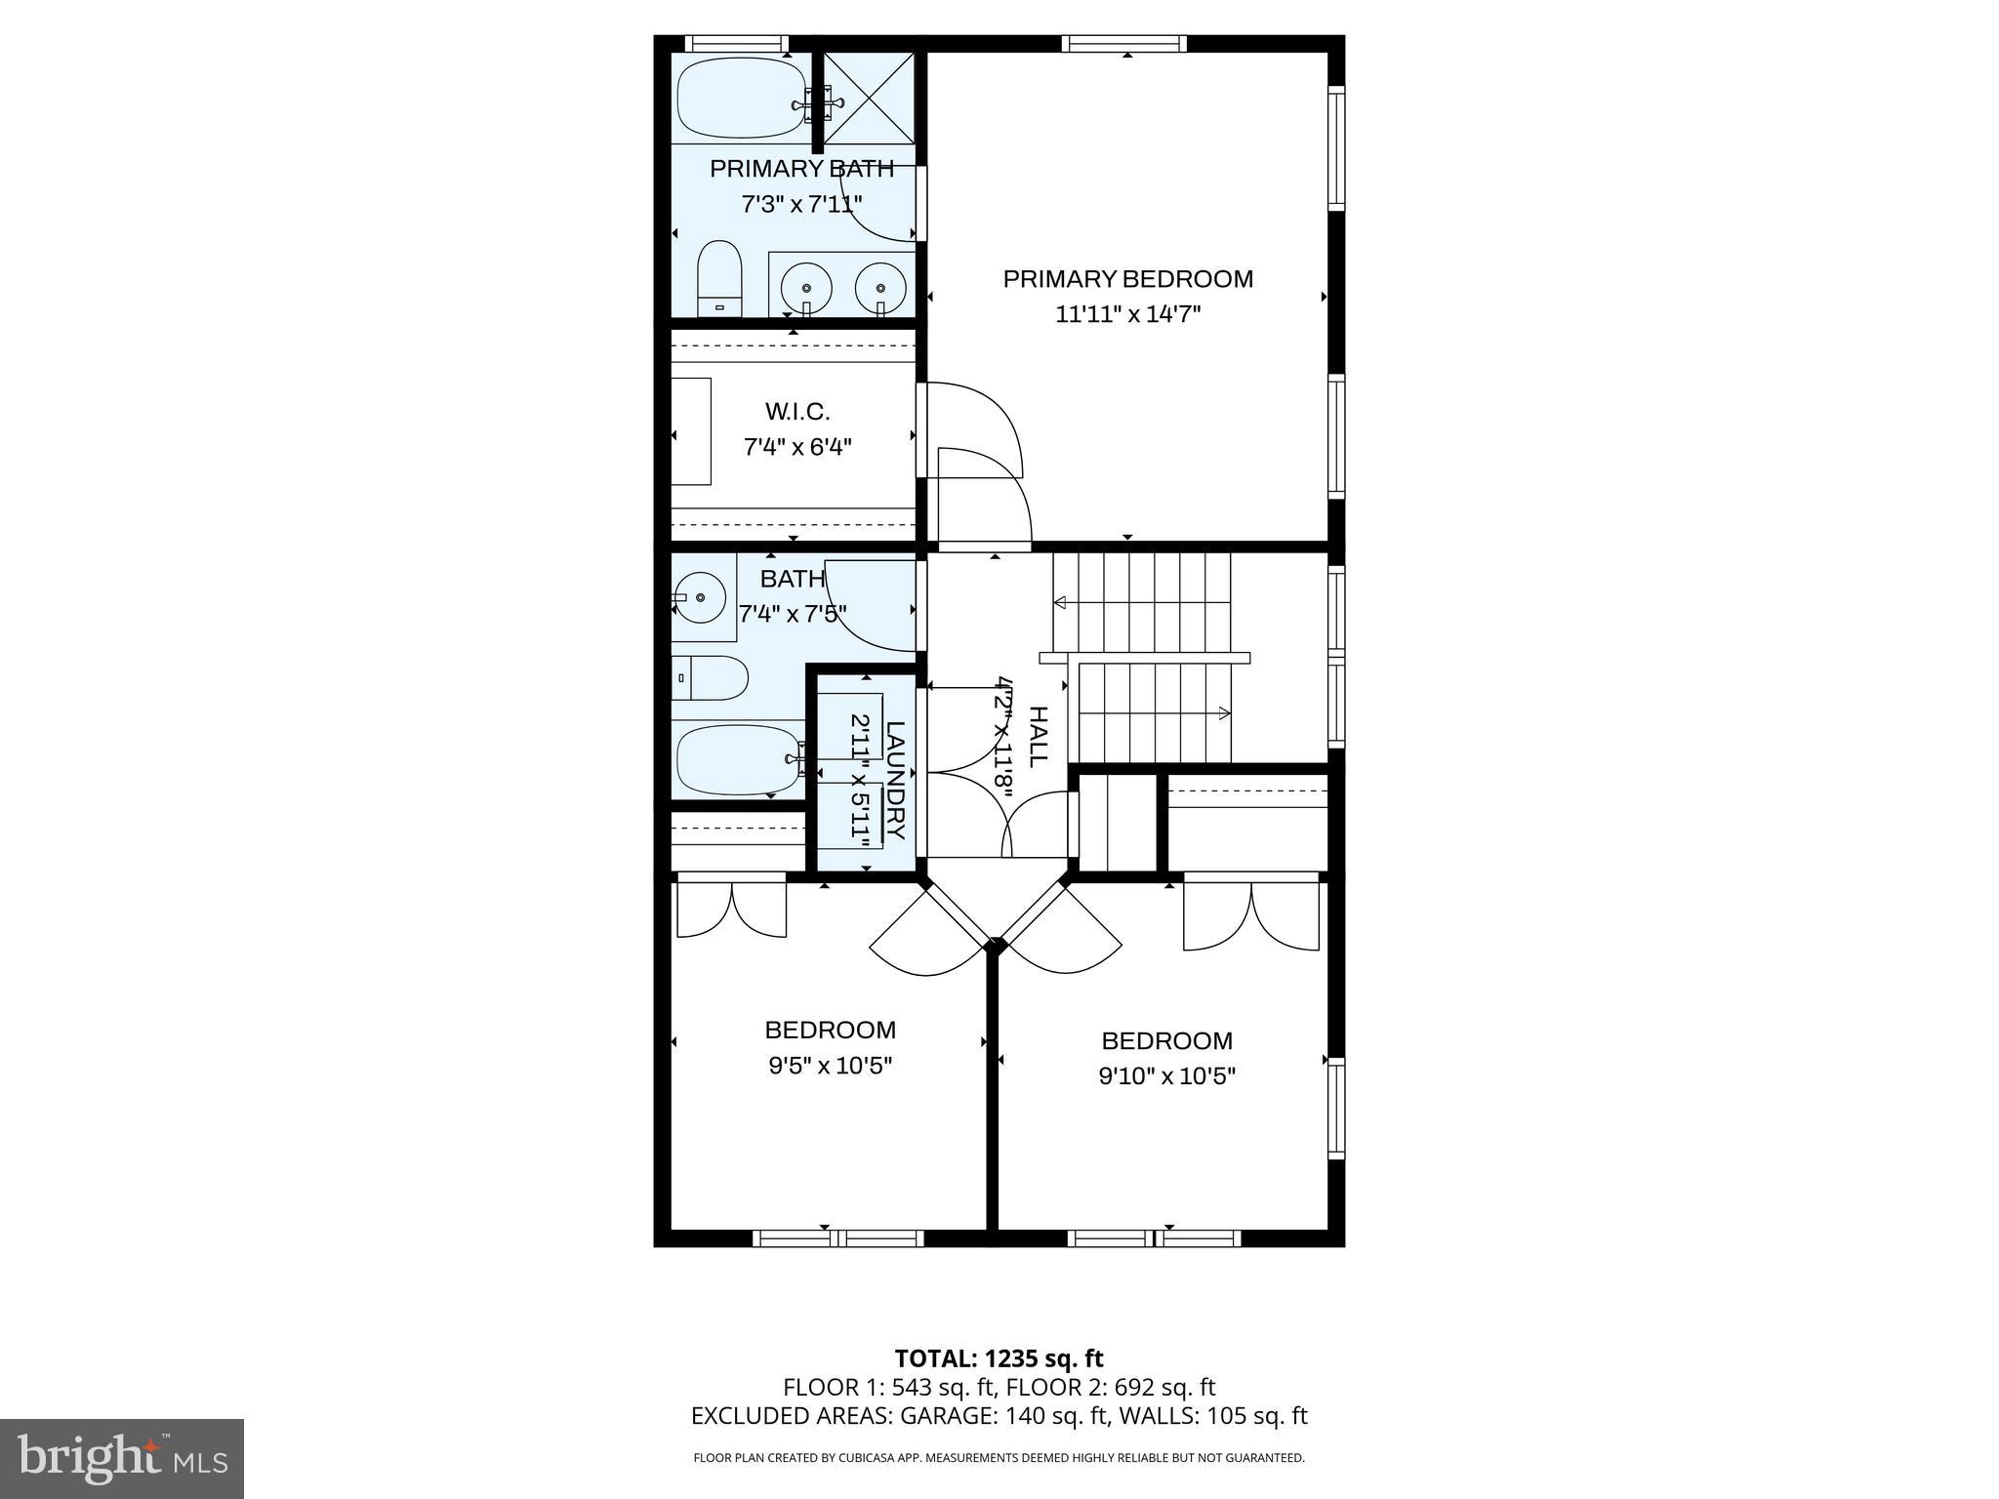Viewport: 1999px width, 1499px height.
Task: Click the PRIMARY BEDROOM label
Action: pyautogui.click(x=1127, y=279)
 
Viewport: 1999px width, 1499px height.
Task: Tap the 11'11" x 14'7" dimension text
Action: pyautogui.click(x=1127, y=314)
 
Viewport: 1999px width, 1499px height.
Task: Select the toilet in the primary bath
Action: pyautogui.click(x=719, y=278)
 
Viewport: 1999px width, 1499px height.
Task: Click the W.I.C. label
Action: pyautogui.click(x=797, y=412)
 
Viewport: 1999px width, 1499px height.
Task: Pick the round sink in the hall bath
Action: pyautogui.click(x=699, y=596)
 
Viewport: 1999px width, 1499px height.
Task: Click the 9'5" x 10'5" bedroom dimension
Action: pyautogui.click(x=830, y=1065)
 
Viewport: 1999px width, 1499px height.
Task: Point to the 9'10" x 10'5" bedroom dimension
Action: pyautogui.click(x=1166, y=1075)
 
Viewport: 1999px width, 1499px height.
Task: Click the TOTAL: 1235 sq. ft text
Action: pyautogui.click(x=999, y=1358)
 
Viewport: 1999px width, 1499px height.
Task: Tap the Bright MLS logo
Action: pyautogui.click(x=122, y=1458)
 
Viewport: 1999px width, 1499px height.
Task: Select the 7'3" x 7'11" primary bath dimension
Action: pyautogui.click(x=800, y=204)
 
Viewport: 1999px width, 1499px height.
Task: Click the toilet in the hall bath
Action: pyautogui.click(x=711, y=677)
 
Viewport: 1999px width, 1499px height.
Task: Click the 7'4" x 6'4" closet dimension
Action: pyautogui.click(x=797, y=447)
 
